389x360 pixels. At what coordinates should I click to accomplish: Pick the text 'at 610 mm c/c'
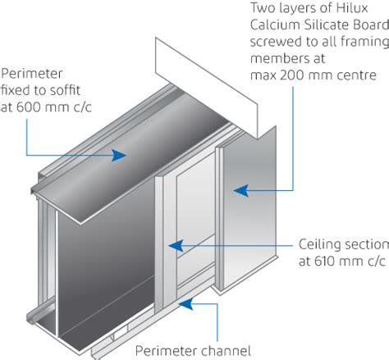(x=336, y=262)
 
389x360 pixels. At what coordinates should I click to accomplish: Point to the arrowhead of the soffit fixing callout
(x=124, y=154)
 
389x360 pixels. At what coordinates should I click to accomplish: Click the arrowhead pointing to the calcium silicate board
(x=237, y=191)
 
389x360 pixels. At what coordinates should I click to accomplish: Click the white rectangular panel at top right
(x=205, y=74)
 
